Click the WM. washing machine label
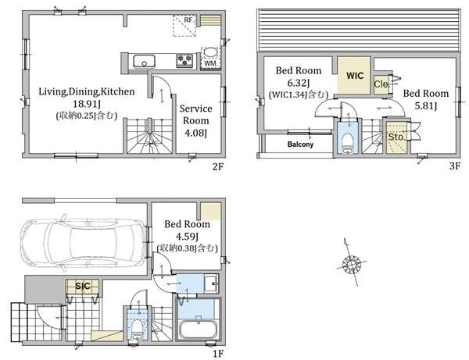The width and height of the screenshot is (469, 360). [x=211, y=63]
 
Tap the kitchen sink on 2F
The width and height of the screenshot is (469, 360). [x=144, y=61]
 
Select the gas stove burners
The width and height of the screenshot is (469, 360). [x=184, y=61]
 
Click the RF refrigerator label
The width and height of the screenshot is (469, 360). [x=188, y=20]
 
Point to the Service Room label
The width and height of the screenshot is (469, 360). [x=196, y=115]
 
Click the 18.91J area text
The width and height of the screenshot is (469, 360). [x=87, y=104]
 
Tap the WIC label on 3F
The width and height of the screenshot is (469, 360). [x=355, y=76]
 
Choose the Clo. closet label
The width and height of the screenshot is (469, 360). [x=381, y=84]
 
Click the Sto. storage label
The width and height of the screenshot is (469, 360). [x=396, y=137]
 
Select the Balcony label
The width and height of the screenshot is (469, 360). [x=300, y=144]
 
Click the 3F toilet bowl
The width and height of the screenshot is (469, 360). [x=347, y=142]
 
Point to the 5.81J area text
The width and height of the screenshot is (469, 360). [x=426, y=105]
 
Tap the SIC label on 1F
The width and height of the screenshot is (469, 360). [x=83, y=286]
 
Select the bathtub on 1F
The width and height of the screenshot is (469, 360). [x=199, y=329]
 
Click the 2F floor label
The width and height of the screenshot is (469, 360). [x=218, y=166]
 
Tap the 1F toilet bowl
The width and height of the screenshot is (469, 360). [x=137, y=328]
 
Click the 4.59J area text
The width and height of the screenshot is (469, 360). [x=188, y=237]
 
